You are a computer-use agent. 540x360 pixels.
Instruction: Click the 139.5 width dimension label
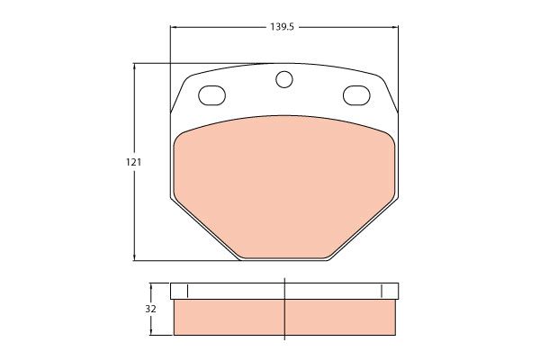point(282,27)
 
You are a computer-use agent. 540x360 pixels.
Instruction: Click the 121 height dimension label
point(133,162)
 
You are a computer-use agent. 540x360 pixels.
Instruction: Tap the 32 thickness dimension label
point(150,309)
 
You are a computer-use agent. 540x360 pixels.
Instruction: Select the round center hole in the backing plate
point(284,79)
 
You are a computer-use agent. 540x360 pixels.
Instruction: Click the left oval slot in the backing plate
point(212,95)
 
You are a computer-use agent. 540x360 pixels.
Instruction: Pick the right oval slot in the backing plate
point(356,95)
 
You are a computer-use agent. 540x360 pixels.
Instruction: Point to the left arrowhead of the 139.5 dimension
point(173,27)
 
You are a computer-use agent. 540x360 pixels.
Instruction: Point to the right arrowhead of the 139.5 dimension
point(395,27)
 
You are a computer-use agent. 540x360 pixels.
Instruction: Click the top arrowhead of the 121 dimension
point(134,66)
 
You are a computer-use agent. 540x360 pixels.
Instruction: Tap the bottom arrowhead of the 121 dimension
point(134,257)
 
